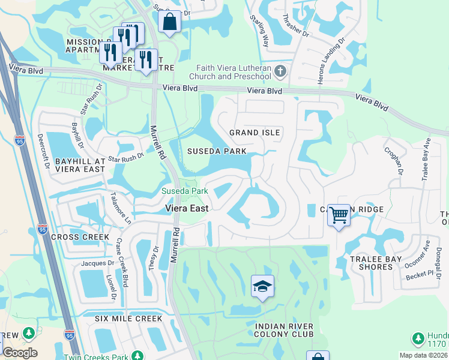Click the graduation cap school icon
click(262, 286)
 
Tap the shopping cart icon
click(339, 214)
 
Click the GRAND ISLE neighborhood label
click(255, 132)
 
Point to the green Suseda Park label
click(185, 191)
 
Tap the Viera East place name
click(187, 208)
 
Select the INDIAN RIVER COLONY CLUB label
click(284, 330)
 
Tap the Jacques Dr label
click(98, 263)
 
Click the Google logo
click(20, 353)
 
